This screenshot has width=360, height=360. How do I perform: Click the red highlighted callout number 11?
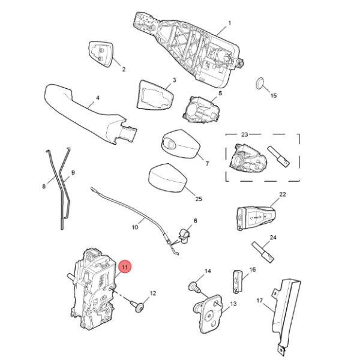click(x=125, y=267)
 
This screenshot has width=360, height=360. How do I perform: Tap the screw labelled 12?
click(x=138, y=307)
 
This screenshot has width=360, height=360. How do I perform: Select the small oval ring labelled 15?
click(x=259, y=83)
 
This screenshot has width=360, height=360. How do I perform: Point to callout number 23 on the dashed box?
click(x=245, y=134)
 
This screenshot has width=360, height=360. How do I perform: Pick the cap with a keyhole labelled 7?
click(x=181, y=144)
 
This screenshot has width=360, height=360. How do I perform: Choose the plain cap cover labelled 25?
click(x=167, y=177)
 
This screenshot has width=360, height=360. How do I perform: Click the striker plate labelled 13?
click(x=208, y=314)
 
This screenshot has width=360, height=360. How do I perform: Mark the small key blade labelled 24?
click(x=263, y=252)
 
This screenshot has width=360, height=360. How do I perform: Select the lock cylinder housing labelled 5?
click(x=201, y=109)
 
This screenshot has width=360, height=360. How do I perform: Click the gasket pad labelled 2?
click(x=100, y=54)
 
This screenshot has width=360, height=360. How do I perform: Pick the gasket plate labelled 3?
click(x=155, y=95)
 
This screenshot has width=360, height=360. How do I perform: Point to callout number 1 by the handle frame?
click(x=229, y=23)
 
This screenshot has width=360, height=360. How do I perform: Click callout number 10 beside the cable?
click(x=135, y=227)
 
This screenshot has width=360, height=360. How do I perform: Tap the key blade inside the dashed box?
click(x=279, y=157)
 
